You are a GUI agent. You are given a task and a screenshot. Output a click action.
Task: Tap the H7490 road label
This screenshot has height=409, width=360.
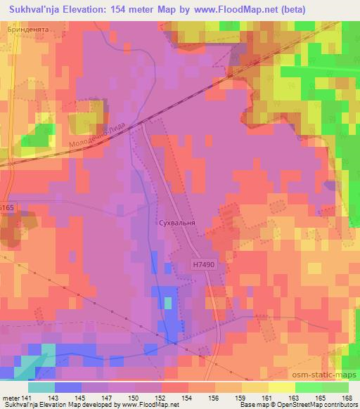point(201,265)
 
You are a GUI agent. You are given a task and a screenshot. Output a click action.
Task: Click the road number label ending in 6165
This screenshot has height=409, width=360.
point(6,209)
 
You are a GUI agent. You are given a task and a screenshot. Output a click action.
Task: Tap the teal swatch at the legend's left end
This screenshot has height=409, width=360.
point(41,387)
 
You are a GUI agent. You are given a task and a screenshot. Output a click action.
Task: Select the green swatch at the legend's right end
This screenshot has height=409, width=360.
point(335,387)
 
